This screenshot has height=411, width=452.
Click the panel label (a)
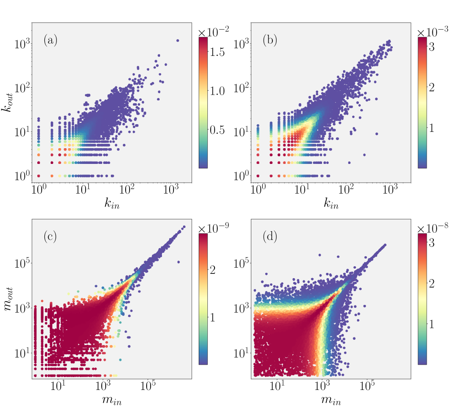[x=50, y=41]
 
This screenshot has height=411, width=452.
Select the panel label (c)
[x=50, y=236]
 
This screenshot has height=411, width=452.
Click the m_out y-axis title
[x=9, y=299]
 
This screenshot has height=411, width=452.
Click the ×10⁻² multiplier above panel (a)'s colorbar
[x=214, y=31]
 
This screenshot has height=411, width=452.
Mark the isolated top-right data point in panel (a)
[x=178, y=41]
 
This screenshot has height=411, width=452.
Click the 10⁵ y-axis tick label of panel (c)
[x=22, y=263]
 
